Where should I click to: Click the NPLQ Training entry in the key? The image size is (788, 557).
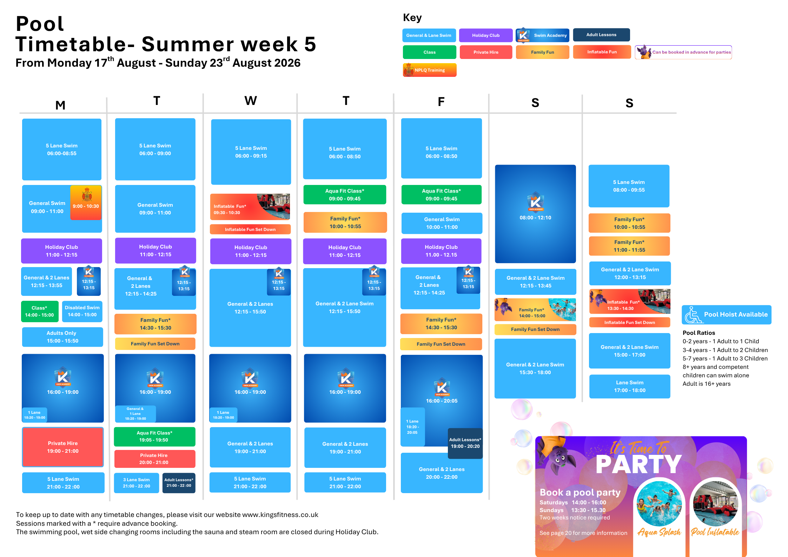point(430,70)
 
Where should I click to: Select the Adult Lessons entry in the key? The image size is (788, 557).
point(601,35)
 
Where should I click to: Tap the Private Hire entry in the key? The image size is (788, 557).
point(486,52)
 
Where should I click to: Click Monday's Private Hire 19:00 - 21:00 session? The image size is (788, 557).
point(63,447)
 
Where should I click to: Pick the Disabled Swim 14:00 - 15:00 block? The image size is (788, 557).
point(82,311)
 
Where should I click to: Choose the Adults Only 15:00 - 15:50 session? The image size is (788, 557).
point(62,337)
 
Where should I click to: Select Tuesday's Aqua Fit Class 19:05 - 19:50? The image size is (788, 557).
point(154,437)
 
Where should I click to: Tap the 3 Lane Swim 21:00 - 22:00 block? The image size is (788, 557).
point(137,483)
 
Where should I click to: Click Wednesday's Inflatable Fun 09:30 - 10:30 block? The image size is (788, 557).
point(250,207)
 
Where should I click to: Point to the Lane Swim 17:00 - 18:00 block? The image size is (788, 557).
point(630,386)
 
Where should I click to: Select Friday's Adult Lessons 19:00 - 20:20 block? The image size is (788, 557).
point(465,443)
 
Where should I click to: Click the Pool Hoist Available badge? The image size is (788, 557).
point(727,315)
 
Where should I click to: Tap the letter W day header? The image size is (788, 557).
point(251,101)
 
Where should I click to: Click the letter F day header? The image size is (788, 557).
point(441,102)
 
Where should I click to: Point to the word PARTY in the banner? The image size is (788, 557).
point(639,465)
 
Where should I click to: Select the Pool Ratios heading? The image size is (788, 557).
point(698,333)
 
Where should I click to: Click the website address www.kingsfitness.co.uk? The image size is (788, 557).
point(280,515)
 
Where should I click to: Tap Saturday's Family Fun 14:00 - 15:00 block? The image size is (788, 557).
point(535,310)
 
